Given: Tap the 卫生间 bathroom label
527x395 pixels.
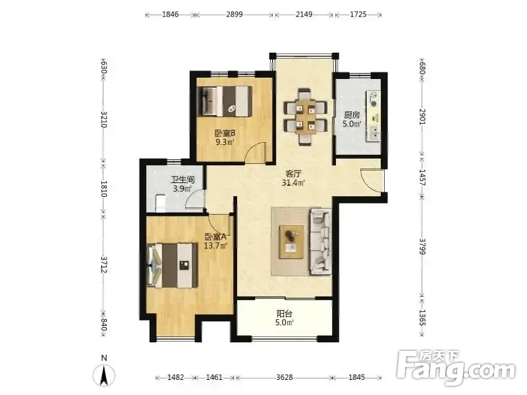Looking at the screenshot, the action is [x=183, y=180].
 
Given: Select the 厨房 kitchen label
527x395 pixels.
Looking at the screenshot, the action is [x=352, y=115].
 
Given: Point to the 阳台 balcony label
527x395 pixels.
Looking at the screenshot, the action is [x=285, y=314].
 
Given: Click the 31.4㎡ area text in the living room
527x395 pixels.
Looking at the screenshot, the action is [x=293, y=183].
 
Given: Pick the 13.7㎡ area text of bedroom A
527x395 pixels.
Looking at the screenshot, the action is [x=215, y=246].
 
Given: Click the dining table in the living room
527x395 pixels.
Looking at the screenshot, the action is [x=305, y=117].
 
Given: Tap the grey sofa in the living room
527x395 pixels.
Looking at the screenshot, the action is [x=320, y=242].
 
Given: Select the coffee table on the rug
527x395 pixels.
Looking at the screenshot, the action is [x=291, y=242].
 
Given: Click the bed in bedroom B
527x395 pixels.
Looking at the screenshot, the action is [x=225, y=101].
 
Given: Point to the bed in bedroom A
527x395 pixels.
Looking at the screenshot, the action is [x=172, y=265].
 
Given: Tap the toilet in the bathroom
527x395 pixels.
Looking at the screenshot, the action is [x=161, y=203].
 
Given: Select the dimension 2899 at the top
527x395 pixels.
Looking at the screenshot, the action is [x=235, y=14].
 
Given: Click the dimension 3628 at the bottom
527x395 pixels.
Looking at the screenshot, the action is [x=285, y=377].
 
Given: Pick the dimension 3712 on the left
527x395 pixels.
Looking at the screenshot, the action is [x=104, y=265].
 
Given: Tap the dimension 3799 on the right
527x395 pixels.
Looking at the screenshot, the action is [x=422, y=246].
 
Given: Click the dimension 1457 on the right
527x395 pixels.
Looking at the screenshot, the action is [x=422, y=178].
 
